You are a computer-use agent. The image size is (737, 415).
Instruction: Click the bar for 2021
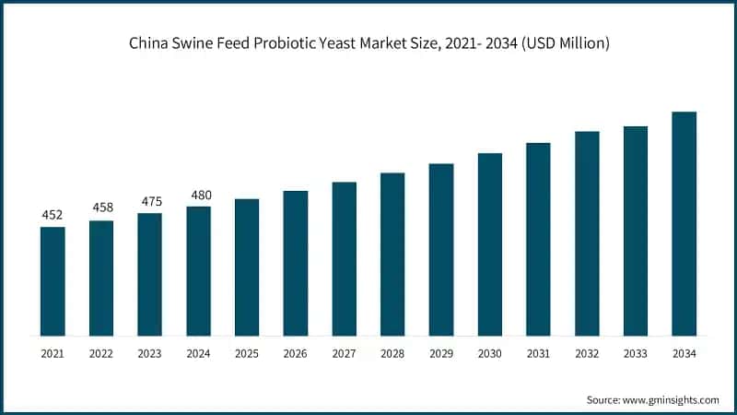(x=53, y=281)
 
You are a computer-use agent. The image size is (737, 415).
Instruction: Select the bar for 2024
(x=198, y=271)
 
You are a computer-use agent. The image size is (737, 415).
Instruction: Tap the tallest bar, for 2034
(x=684, y=224)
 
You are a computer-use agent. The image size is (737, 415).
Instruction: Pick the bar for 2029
(x=441, y=250)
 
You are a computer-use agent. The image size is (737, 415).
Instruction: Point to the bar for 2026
(x=295, y=264)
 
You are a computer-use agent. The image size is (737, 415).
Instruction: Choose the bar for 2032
(x=587, y=233)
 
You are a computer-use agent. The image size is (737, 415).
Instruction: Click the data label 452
(x=53, y=216)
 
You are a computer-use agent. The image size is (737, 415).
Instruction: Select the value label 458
(x=101, y=208)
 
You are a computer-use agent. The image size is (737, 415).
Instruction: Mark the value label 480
(x=198, y=195)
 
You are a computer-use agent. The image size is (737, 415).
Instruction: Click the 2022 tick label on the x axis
(x=101, y=353)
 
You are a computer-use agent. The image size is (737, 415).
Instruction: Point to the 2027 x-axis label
(x=344, y=353)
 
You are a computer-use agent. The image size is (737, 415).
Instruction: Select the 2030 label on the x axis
(x=489, y=353)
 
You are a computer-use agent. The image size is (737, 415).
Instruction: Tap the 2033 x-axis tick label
(x=635, y=353)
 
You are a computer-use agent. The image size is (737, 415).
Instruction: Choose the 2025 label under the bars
(x=247, y=353)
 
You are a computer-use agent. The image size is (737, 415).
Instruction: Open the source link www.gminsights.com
(x=669, y=399)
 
